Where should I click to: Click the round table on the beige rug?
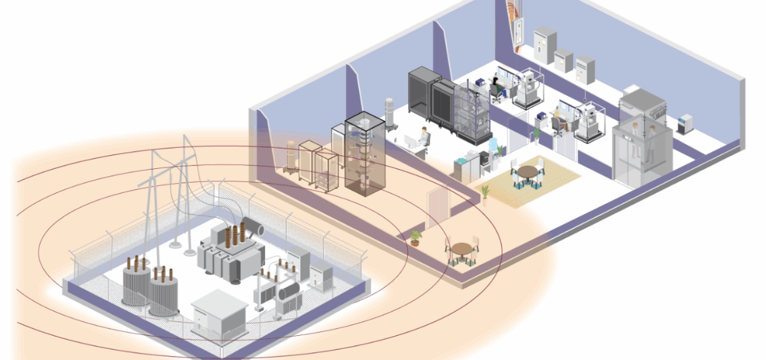pos(527,172)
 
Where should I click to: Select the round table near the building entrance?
pos(462,249)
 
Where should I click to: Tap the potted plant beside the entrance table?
pos(415,237)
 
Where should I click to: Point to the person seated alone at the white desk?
pos(424,137)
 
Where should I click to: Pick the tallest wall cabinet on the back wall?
pos(543,45)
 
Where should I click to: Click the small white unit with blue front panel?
pos(685,124)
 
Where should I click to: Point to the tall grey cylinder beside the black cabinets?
pos(390,114)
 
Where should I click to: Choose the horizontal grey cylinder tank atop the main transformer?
pos(251,227)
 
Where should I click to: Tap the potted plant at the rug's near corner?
pos(485,193)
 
